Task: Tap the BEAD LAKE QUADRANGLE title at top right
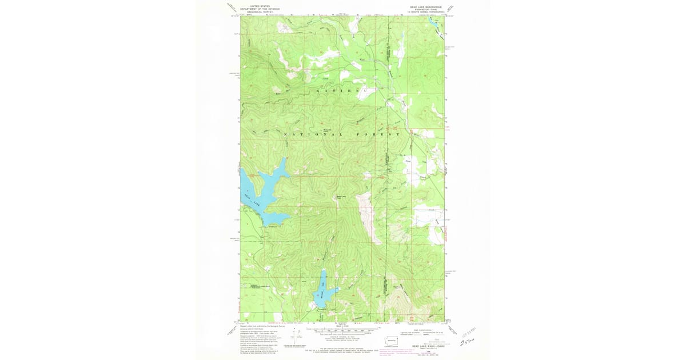(422, 6)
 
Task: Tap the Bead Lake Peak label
(341, 197)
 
